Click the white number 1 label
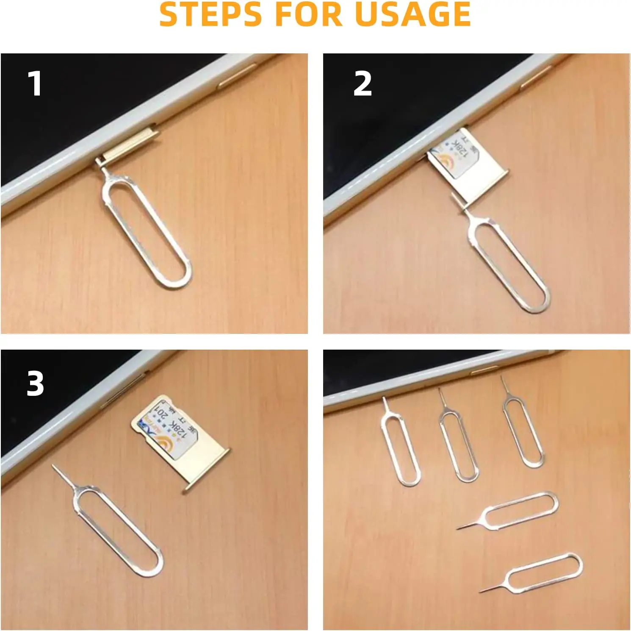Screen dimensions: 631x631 point(35,84)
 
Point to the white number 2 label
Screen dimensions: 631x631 point(363,84)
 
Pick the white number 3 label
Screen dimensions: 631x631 point(35,384)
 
